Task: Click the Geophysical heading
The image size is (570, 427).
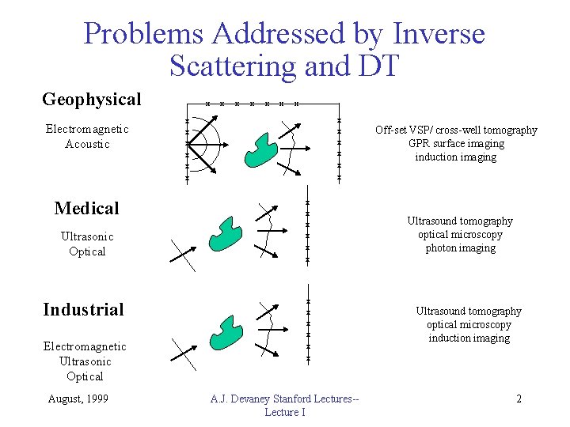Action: (x=92, y=100)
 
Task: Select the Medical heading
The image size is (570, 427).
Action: (x=86, y=209)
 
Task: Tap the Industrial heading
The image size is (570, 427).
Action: (x=83, y=309)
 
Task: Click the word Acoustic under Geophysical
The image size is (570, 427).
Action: (x=87, y=144)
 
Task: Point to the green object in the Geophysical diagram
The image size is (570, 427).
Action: (x=261, y=149)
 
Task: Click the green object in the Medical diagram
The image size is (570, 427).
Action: (x=226, y=233)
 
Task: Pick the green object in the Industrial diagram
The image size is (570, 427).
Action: (x=226, y=332)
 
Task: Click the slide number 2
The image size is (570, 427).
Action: (x=519, y=399)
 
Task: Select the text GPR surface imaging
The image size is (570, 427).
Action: (x=456, y=143)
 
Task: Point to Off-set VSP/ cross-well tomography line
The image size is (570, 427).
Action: (x=456, y=130)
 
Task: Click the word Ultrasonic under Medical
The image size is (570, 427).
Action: (x=87, y=236)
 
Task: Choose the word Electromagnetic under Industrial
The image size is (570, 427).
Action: (x=85, y=346)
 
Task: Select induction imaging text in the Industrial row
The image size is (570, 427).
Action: (x=469, y=338)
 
